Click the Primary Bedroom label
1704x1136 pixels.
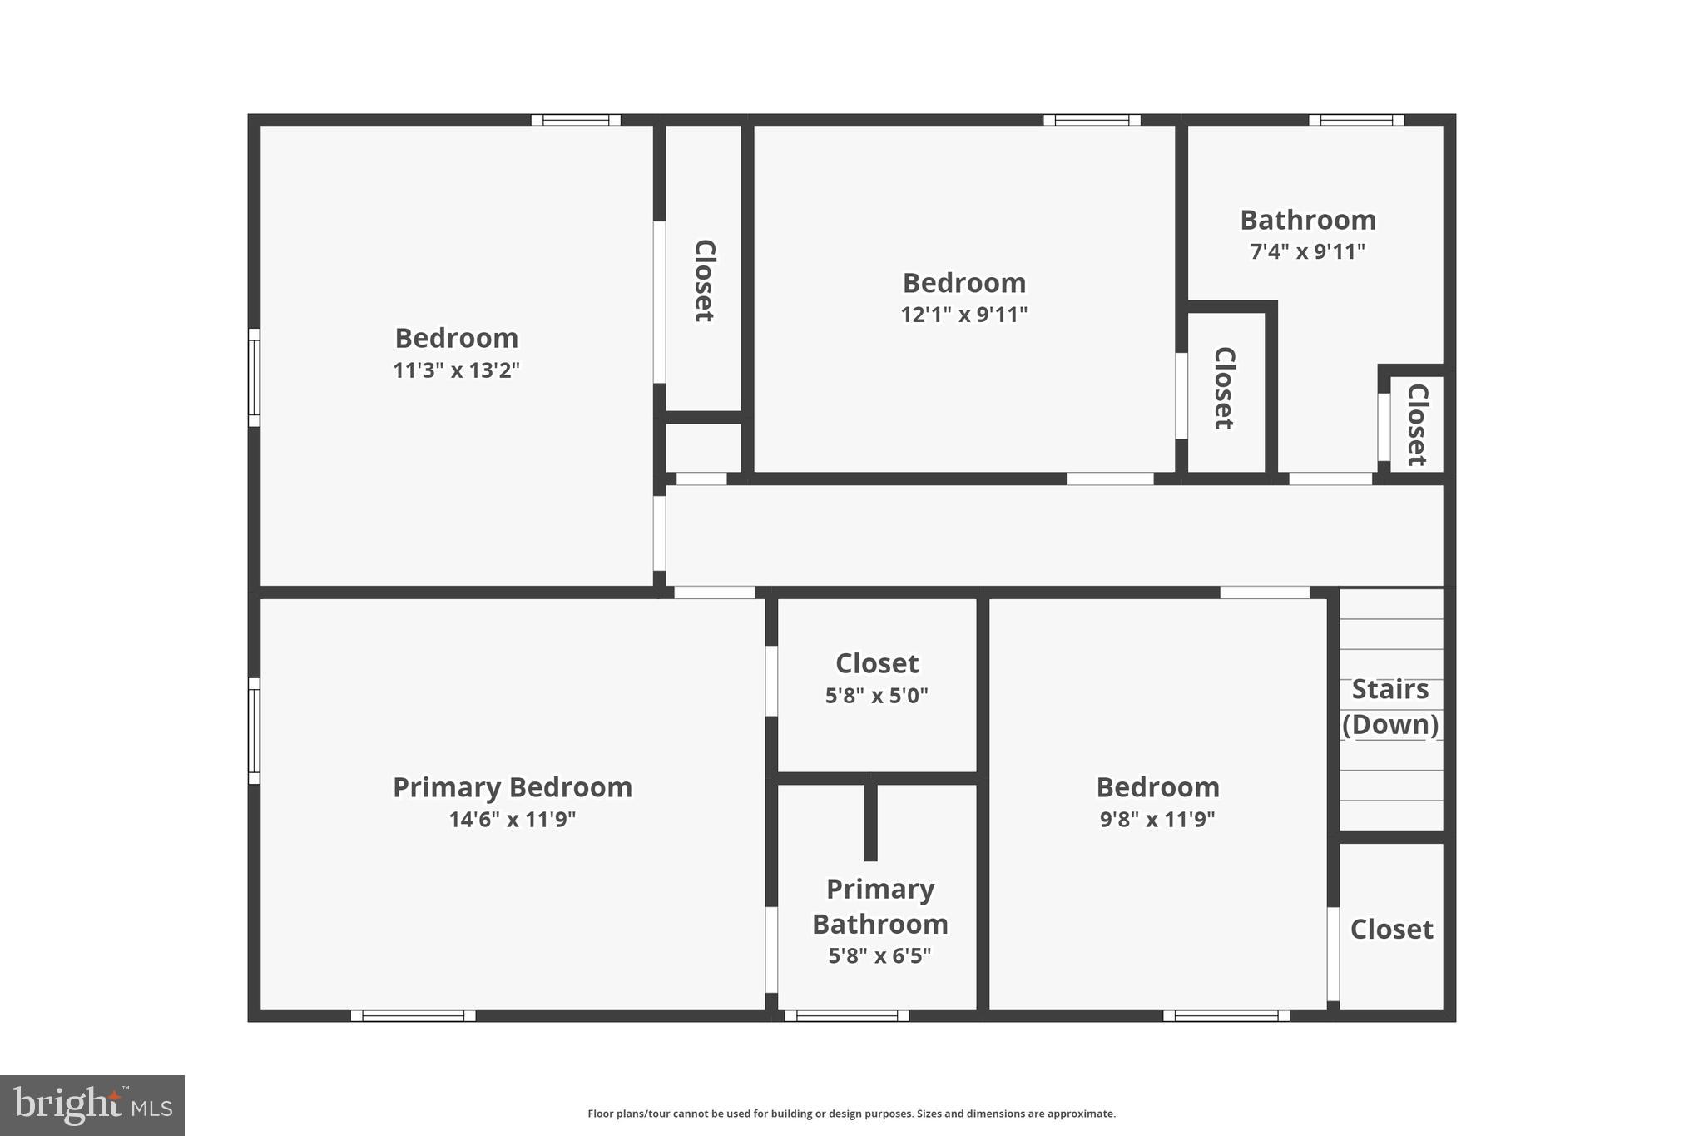click(x=513, y=787)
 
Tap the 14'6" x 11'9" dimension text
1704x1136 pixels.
click(x=513, y=820)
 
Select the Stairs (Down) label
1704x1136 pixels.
click(x=1390, y=707)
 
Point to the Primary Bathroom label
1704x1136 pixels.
click(x=880, y=906)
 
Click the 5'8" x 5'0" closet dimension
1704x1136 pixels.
click(x=877, y=696)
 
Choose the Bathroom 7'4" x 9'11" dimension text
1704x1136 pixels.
click(x=1308, y=251)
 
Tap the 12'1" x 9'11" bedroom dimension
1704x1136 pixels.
click(x=964, y=315)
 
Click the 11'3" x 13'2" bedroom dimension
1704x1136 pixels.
click(x=456, y=370)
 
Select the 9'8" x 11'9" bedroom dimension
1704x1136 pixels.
click(x=1157, y=820)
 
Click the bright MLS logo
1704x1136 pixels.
click(x=92, y=1106)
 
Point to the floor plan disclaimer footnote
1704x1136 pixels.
click(x=851, y=1114)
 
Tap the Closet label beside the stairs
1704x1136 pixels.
click(x=1391, y=930)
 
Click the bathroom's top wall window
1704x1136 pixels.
click(x=1356, y=120)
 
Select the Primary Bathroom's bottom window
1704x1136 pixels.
click(x=847, y=1015)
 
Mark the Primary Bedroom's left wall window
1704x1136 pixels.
click(x=254, y=731)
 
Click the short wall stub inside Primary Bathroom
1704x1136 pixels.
click(x=871, y=821)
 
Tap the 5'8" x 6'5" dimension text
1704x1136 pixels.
click(x=880, y=956)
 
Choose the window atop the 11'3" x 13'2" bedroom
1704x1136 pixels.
click(x=576, y=120)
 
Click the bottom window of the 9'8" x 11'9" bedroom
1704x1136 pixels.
click(x=1226, y=1015)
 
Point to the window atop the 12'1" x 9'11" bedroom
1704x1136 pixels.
click(x=1092, y=120)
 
